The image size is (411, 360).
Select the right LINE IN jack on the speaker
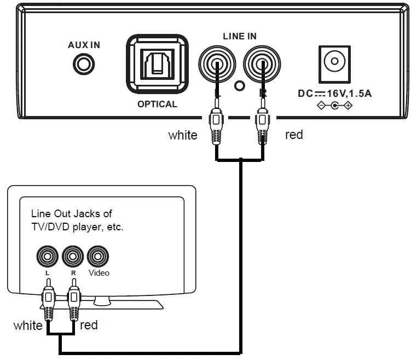click(262, 62)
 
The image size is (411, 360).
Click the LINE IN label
click(240, 36)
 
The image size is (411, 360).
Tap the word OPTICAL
click(157, 104)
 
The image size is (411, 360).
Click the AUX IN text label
click(84, 45)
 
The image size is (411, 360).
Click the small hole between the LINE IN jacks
click(239, 85)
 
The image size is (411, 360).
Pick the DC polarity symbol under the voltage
click(334, 106)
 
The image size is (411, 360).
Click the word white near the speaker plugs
click(183, 135)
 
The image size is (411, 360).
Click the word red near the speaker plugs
click(294, 135)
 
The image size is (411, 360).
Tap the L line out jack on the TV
click(47, 256)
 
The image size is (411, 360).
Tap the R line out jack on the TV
click(73, 256)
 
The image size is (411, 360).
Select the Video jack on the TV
click(98, 256)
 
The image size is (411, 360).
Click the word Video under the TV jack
click(99, 272)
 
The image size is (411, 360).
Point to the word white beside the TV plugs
click(28, 326)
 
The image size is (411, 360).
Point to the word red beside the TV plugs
click(89, 325)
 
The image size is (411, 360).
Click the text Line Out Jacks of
click(71, 213)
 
